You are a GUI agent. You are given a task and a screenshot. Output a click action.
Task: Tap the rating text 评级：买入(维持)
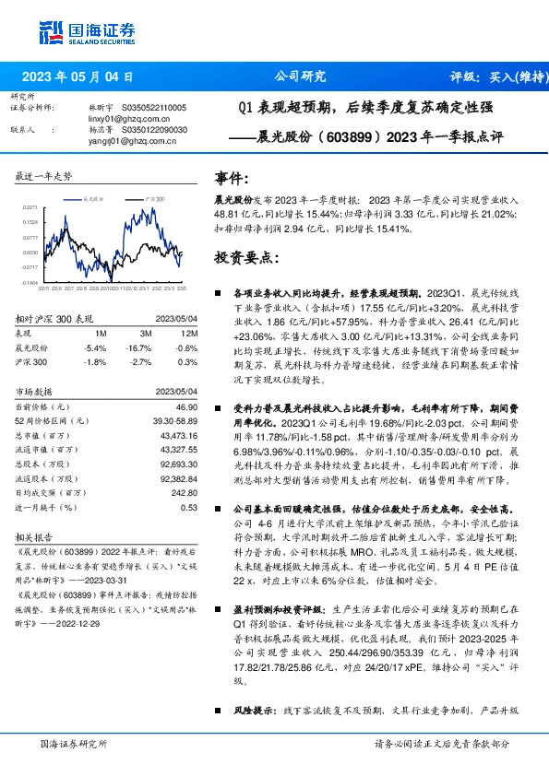[495, 77]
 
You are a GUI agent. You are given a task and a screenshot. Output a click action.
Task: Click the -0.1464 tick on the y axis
[30, 282]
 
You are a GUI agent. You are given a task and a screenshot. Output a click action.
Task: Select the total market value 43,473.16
[178, 434]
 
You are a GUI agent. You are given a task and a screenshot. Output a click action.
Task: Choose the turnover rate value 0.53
[188, 507]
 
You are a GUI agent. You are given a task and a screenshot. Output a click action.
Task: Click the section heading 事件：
[232, 177]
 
